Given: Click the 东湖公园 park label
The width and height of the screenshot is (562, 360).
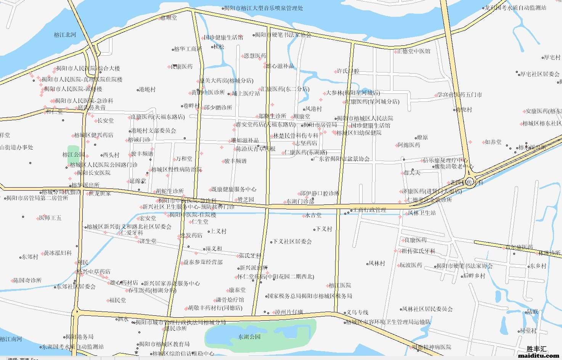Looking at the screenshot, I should tap(249, 337).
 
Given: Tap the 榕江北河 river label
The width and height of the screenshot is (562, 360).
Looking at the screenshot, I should tap(65, 35).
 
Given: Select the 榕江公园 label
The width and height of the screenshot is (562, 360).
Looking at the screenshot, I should tap(74, 155).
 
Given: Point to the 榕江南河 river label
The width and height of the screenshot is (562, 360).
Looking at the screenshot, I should tap(11, 339).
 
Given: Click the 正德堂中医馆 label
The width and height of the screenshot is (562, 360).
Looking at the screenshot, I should tap(414, 51).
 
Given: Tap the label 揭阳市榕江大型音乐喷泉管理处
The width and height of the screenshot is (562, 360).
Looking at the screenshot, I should tap(263, 8).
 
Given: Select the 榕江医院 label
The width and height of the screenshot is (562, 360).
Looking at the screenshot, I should tap(340, 285).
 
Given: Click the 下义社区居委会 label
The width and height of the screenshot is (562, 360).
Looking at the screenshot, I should tap(292, 241).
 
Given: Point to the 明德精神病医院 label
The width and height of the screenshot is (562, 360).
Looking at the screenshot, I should tap(432, 347).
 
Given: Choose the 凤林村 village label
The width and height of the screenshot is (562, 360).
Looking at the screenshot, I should tap(377, 263).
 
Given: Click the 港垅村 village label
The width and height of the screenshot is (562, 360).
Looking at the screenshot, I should tap(147, 90).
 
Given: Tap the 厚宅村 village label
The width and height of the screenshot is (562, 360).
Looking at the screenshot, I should tap(552, 57).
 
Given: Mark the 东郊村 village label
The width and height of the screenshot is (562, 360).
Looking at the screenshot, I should tap(30, 257).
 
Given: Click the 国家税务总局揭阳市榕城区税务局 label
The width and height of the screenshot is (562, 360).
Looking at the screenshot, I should tap(310, 296).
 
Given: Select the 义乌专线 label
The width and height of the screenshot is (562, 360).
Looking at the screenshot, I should tap(357, 312).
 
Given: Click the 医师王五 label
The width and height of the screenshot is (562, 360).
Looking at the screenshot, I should tap(50, 218).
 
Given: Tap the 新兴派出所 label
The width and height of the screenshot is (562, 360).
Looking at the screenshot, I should tap(254, 268).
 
